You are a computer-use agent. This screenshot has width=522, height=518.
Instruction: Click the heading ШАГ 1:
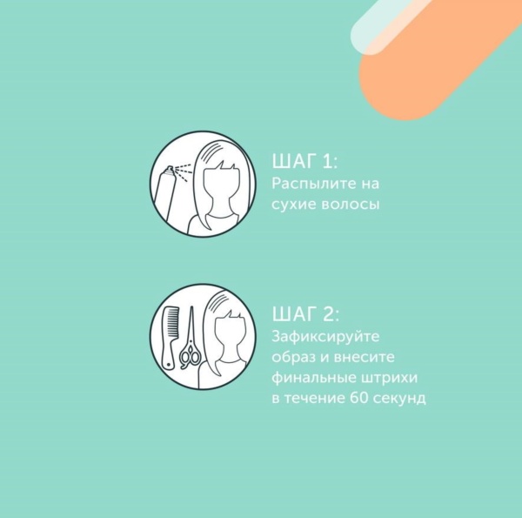pyautogui.click(x=304, y=162)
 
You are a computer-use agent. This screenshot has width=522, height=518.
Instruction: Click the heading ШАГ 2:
pyautogui.click(x=305, y=314)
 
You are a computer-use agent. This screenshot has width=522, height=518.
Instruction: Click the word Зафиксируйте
pyautogui.click(x=325, y=337)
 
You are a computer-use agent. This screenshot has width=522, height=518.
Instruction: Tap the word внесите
pyautogui.click(x=364, y=357)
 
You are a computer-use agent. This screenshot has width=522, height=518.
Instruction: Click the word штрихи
pyautogui.click(x=389, y=378)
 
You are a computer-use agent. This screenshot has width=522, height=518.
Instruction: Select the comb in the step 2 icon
pyautogui.click(x=170, y=337)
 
